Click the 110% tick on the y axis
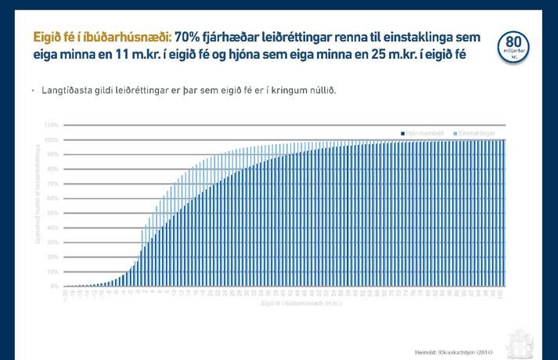pyautogui.click(x=52, y=125)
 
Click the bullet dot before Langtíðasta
pyautogui.click(x=34, y=91)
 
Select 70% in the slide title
pyautogui.click(x=187, y=38)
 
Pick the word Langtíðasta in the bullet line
pyautogui.click(x=68, y=90)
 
